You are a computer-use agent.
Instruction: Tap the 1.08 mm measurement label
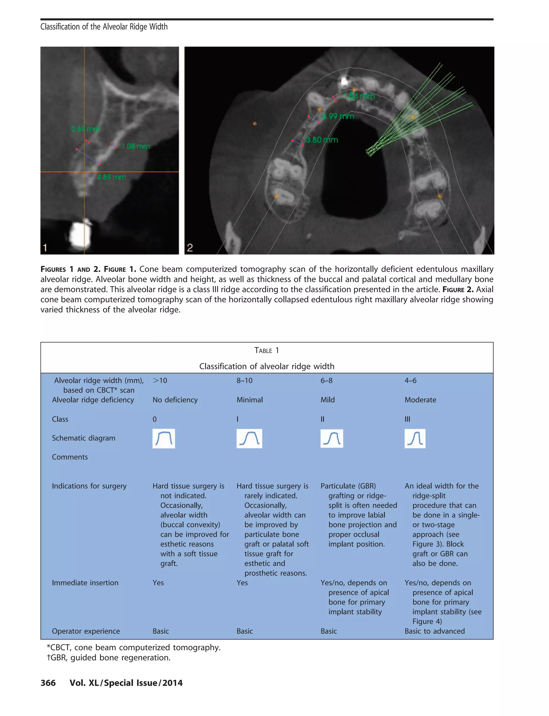pos(136,146)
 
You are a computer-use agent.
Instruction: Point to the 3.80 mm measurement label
pos(322,140)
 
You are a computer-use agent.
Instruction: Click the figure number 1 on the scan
pos(45,248)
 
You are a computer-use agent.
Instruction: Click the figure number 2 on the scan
pos(190,248)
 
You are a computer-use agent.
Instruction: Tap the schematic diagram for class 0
pos(164,438)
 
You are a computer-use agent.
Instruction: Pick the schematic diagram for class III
pos(415,438)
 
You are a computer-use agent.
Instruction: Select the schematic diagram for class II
pos(331,438)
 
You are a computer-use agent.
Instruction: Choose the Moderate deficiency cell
pos(420,400)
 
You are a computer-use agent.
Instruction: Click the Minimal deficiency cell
pos(249,400)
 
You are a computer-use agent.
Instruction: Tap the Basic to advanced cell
pos(434,631)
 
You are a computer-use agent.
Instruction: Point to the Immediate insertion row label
pos(85,583)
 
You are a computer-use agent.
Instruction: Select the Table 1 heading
pos(267,350)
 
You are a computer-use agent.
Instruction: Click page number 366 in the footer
pos(48,683)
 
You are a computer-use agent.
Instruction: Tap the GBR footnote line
pos(109,658)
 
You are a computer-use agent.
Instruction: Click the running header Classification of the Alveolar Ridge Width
pos(104,27)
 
